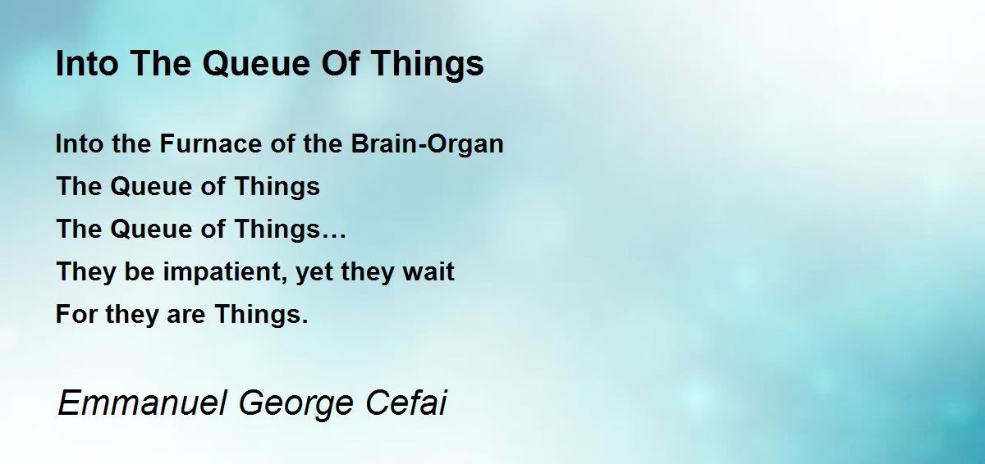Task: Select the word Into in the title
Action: coord(87,63)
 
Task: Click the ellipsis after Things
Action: coord(333,237)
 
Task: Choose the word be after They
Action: coord(140,271)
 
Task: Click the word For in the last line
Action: coord(76,314)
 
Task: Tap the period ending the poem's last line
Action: coord(305,322)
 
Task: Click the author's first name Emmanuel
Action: coord(143,403)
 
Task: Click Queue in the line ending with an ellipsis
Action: coord(150,230)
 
